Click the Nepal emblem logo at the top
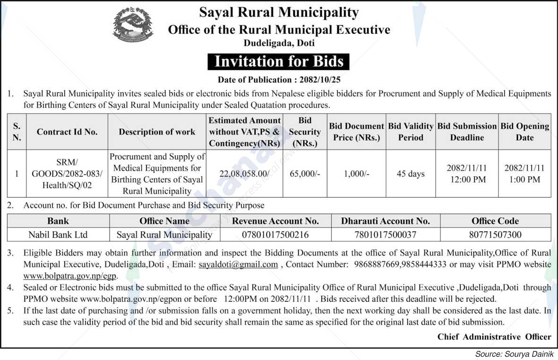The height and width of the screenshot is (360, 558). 133,25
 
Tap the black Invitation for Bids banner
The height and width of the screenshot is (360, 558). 279,61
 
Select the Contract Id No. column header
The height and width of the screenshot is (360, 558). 67,132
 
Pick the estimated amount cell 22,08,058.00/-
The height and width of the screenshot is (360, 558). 245,174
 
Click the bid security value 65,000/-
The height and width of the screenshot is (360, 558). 304,174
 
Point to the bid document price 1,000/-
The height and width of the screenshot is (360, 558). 356,174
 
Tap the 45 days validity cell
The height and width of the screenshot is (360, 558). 410,174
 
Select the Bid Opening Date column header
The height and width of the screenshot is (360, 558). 524,132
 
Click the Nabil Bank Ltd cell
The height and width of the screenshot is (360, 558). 58,234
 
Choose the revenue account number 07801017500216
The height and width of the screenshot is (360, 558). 275,234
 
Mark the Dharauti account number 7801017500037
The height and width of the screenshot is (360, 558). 386,234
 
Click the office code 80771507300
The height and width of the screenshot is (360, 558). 495,234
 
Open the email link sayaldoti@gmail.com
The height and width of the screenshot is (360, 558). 238,265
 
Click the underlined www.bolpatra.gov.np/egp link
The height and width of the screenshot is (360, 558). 70,275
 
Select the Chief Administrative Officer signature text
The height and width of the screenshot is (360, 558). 494,337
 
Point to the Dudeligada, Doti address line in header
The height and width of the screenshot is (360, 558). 279,43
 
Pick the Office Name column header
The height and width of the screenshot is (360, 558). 164,221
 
